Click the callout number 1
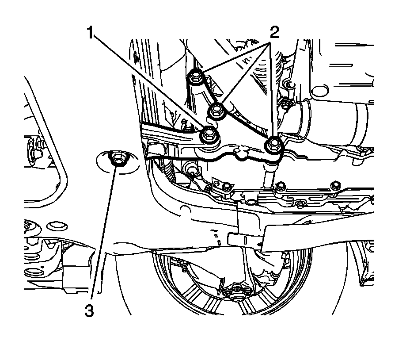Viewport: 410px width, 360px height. point(91,34)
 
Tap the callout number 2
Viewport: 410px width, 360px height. point(274,34)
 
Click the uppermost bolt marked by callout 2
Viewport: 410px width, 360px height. point(195,78)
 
